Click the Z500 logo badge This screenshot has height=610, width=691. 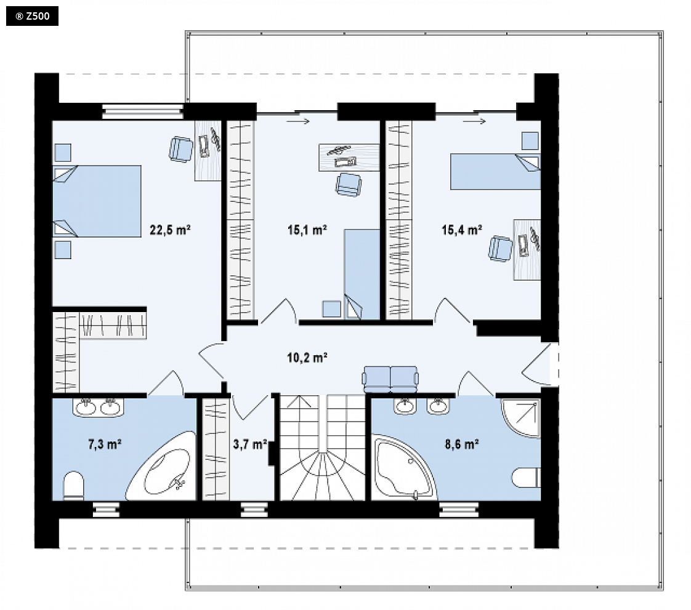(32, 16)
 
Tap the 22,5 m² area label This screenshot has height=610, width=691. (170, 230)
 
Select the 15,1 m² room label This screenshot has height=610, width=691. (307, 230)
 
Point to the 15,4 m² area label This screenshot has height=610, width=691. (462, 230)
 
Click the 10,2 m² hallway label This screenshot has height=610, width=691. (307, 357)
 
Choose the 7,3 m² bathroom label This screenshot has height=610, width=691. (105, 444)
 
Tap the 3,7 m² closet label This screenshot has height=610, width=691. (250, 444)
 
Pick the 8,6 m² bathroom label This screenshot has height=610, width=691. (462, 444)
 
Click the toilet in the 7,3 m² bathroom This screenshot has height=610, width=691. (73, 486)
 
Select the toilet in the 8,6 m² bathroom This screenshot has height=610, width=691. (526, 478)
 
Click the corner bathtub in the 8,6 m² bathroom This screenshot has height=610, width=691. (403, 468)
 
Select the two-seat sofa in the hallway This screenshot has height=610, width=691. (390, 379)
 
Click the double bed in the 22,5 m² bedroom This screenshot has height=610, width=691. (97, 201)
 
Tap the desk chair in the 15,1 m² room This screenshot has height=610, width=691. (348, 185)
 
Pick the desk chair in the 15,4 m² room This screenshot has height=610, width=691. (500, 249)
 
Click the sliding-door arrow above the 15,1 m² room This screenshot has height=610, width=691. (298, 121)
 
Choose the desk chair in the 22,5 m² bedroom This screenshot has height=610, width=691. (180, 149)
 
